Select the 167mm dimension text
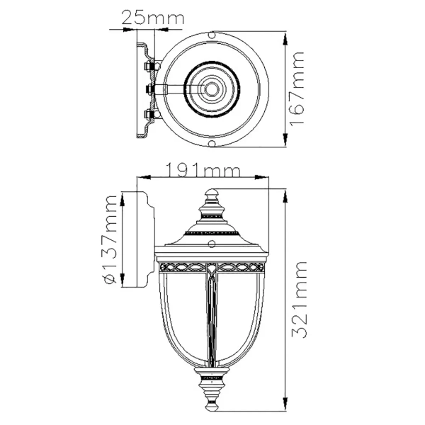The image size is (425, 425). [298, 89]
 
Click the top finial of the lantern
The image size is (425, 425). [212, 195]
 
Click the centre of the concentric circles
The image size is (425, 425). [212, 89]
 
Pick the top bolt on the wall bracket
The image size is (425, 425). [150, 67]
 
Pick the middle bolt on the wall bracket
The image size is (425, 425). [150, 89]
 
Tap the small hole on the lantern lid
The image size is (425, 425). [212, 245]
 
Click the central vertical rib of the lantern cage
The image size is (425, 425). [212, 319]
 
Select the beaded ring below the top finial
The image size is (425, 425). [212, 232]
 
